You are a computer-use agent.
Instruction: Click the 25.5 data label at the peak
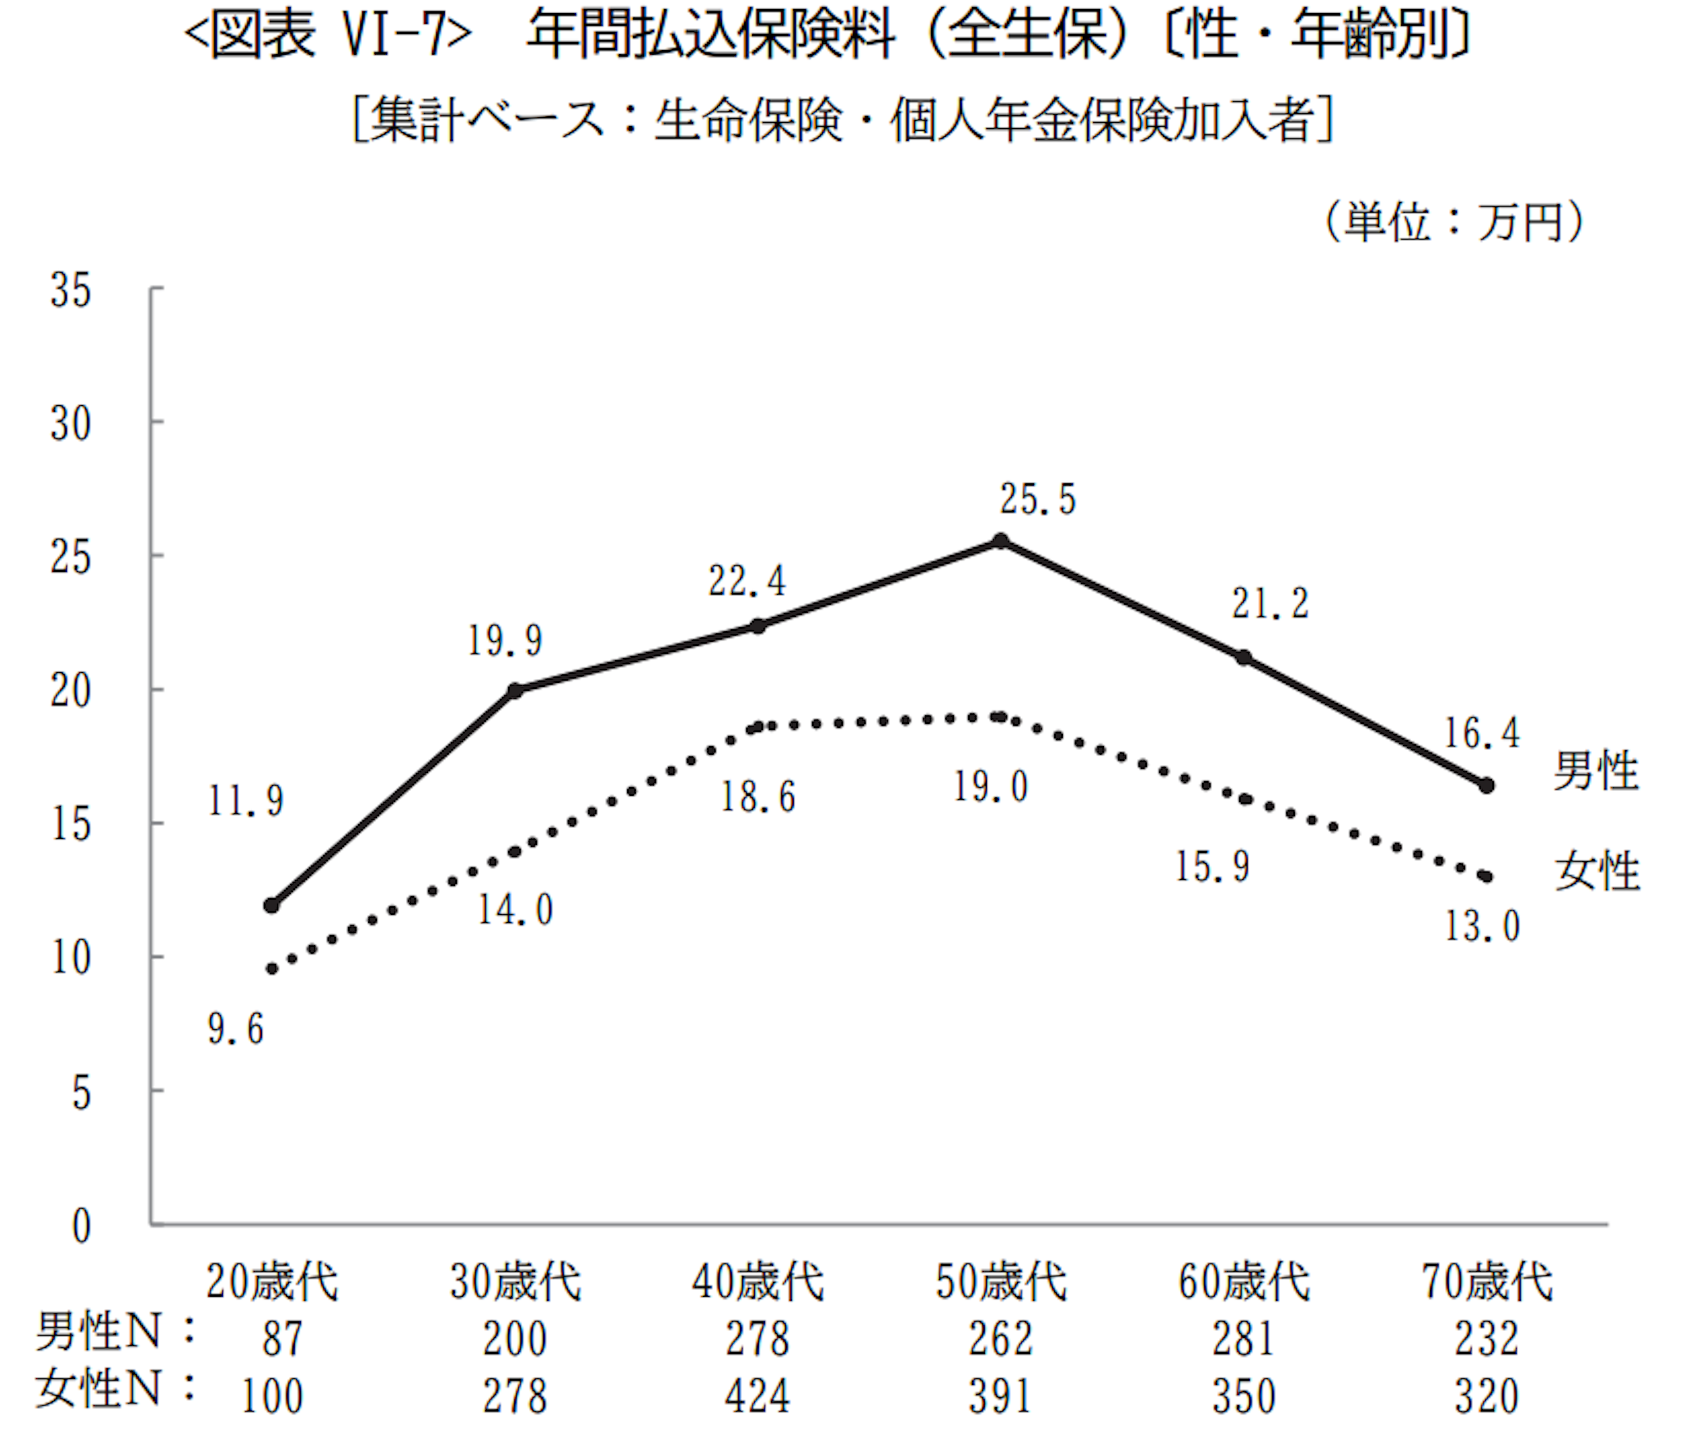[x=1038, y=499]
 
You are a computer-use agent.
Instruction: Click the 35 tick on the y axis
[x=71, y=290]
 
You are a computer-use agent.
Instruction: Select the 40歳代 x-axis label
[x=757, y=1282]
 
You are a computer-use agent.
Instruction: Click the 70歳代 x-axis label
[x=1487, y=1282]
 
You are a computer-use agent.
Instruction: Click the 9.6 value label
[x=236, y=1029]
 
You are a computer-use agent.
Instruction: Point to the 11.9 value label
[x=245, y=801]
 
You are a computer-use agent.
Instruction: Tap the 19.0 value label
[x=990, y=786]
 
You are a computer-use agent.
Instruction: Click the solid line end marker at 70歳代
[x=1487, y=786]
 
